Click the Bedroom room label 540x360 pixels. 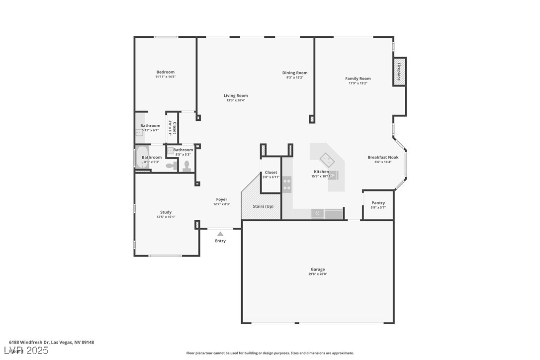click(x=165, y=72)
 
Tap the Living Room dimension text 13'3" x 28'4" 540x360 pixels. click(x=235, y=100)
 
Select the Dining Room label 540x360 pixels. click(x=295, y=73)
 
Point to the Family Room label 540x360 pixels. click(x=358, y=79)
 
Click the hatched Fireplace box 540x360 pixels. click(x=399, y=72)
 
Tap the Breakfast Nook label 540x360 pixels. click(x=383, y=157)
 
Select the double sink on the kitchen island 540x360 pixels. click(x=327, y=160)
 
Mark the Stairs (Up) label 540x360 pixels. click(x=263, y=206)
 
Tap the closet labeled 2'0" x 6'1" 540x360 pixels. click(x=172, y=128)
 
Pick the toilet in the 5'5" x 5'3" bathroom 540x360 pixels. click(x=187, y=165)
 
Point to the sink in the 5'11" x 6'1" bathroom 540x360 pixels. click(x=139, y=132)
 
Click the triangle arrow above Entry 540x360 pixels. click(x=220, y=233)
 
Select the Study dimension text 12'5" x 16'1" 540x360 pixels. click(x=166, y=217)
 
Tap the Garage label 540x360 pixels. click(x=318, y=269)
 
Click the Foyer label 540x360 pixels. click(x=221, y=199)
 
